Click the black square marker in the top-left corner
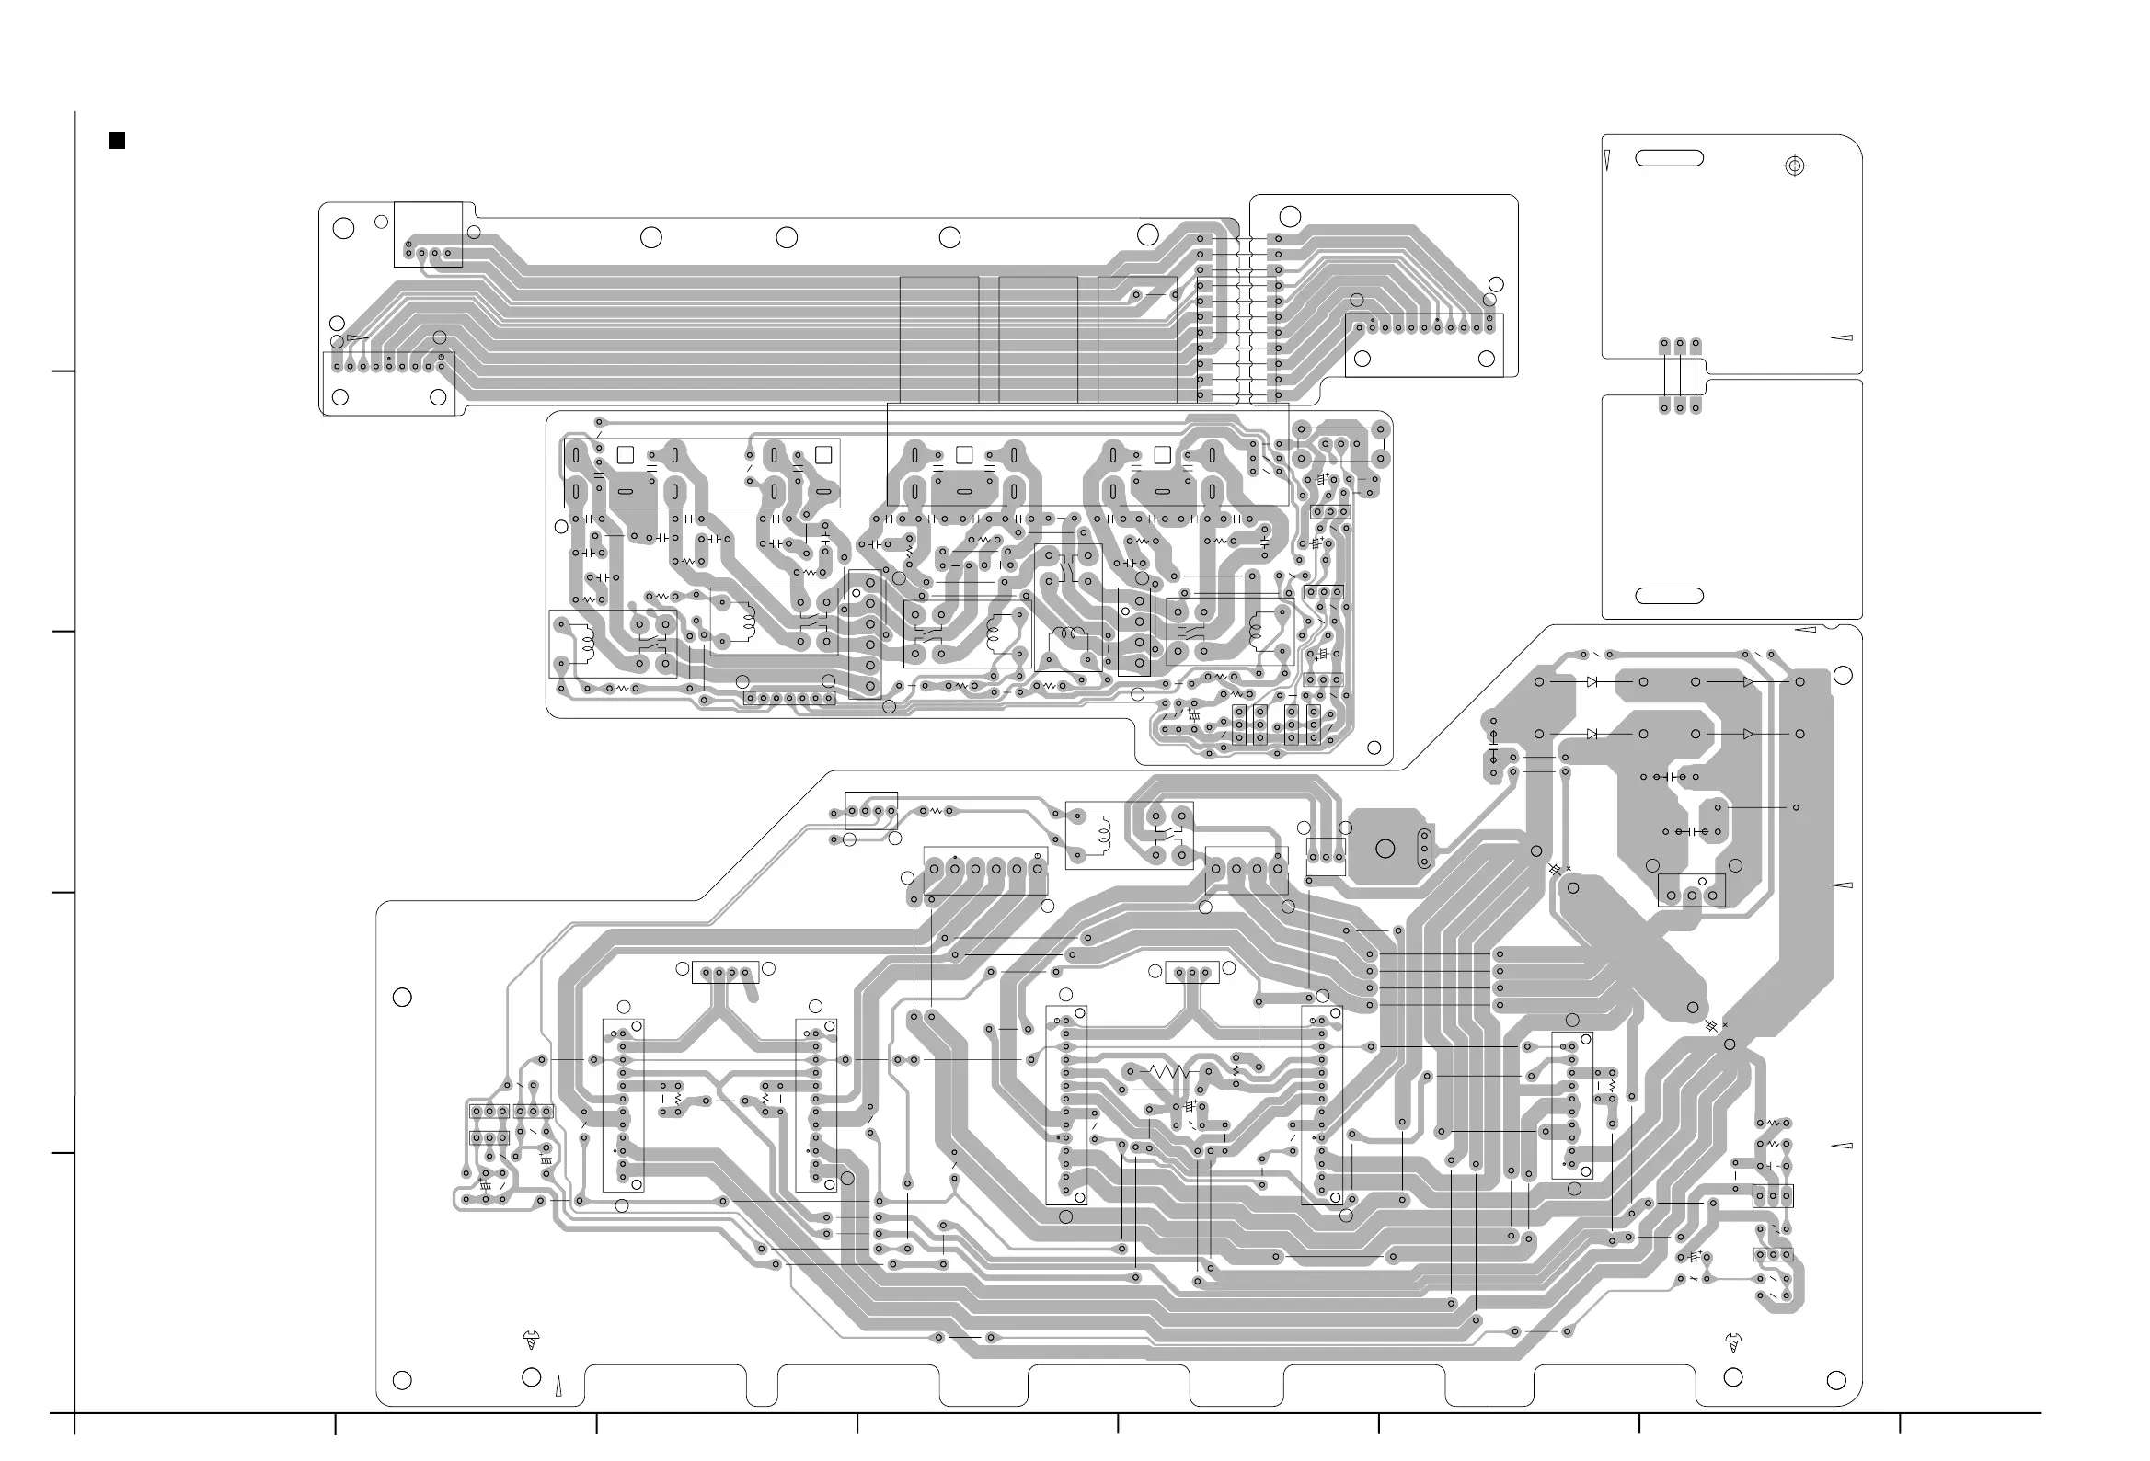118,141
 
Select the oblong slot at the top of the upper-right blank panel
1669,158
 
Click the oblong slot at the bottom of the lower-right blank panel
1669,597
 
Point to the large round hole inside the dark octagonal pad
1385,849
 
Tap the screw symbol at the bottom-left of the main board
531,1340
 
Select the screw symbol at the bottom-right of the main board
1732,1342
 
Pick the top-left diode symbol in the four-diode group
1592,682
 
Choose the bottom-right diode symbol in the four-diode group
1748,735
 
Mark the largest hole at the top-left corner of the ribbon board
343,228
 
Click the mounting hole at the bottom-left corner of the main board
401,1381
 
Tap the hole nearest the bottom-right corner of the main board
1836,1381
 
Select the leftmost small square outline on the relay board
625,455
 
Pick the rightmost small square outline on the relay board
1163,455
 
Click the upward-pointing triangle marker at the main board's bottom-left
558,1387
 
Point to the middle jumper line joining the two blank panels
1680,374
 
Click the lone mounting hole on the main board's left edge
401,998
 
